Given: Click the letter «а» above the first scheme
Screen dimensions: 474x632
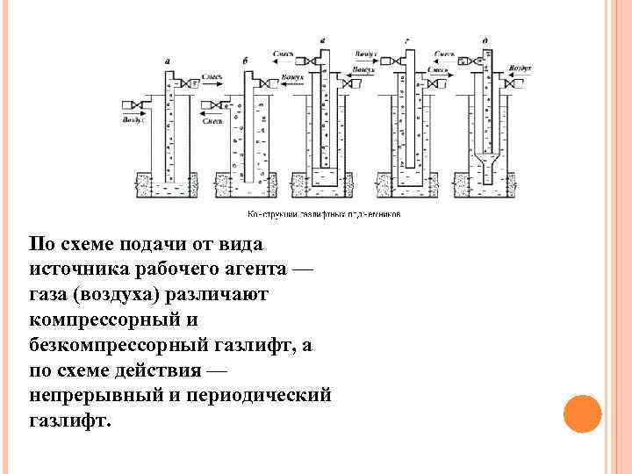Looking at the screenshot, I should (x=168, y=61).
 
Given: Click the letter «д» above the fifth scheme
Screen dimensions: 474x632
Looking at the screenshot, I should (x=485, y=40).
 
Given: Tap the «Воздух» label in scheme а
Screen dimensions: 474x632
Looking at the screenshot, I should (x=133, y=118).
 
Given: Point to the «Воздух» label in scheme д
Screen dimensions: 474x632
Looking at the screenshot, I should (x=521, y=67).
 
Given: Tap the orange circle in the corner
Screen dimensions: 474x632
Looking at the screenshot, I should (x=582, y=413).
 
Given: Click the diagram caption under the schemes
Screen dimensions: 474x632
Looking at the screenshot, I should (x=324, y=213).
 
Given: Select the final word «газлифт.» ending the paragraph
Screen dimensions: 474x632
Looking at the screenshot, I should (x=70, y=420).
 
